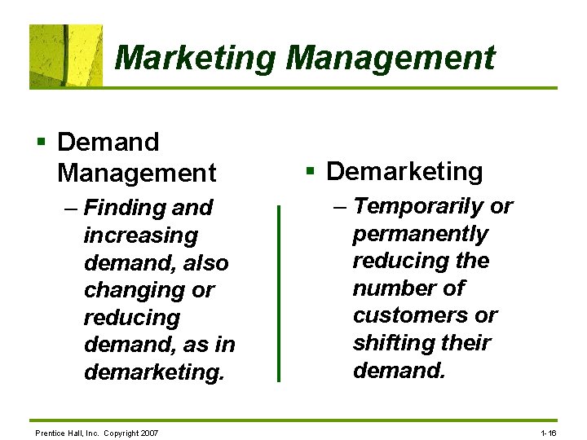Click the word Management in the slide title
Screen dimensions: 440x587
coord(391,58)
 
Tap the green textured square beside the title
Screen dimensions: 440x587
coord(66,55)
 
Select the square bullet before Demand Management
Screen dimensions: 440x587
coord(40,143)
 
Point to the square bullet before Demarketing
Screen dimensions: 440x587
coord(310,172)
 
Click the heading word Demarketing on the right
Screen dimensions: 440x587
coord(404,172)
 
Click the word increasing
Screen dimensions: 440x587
coord(140,235)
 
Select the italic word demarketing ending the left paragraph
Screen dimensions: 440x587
coord(152,373)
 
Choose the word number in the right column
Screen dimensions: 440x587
coord(391,288)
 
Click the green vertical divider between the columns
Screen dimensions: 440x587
coord(278,293)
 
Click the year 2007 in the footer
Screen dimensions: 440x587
coord(149,433)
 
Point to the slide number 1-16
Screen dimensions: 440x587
coord(549,433)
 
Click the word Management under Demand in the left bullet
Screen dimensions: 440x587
coord(137,173)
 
